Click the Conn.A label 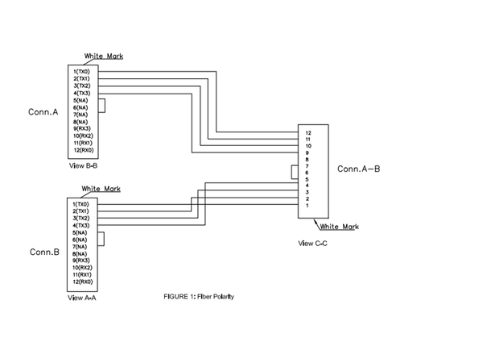[x=43, y=112]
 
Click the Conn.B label [x=45, y=252]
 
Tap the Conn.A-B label [x=359, y=169]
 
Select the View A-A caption [x=83, y=298]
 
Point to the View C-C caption [x=312, y=242]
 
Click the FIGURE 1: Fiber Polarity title [x=198, y=296]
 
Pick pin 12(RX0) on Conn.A [x=83, y=150]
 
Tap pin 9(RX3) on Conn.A [x=82, y=128]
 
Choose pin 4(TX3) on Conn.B [x=81, y=225]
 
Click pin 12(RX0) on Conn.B [x=83, y=282]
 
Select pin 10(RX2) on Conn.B [x=83, y=268]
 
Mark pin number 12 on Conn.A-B [x=307, y=132]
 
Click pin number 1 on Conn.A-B [x=307, y=206]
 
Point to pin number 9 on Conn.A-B [x=307, y=152]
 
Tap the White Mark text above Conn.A [x=104, y=56]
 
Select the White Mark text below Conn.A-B [x=339, y=227]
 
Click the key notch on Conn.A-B [x=295, y=173]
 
